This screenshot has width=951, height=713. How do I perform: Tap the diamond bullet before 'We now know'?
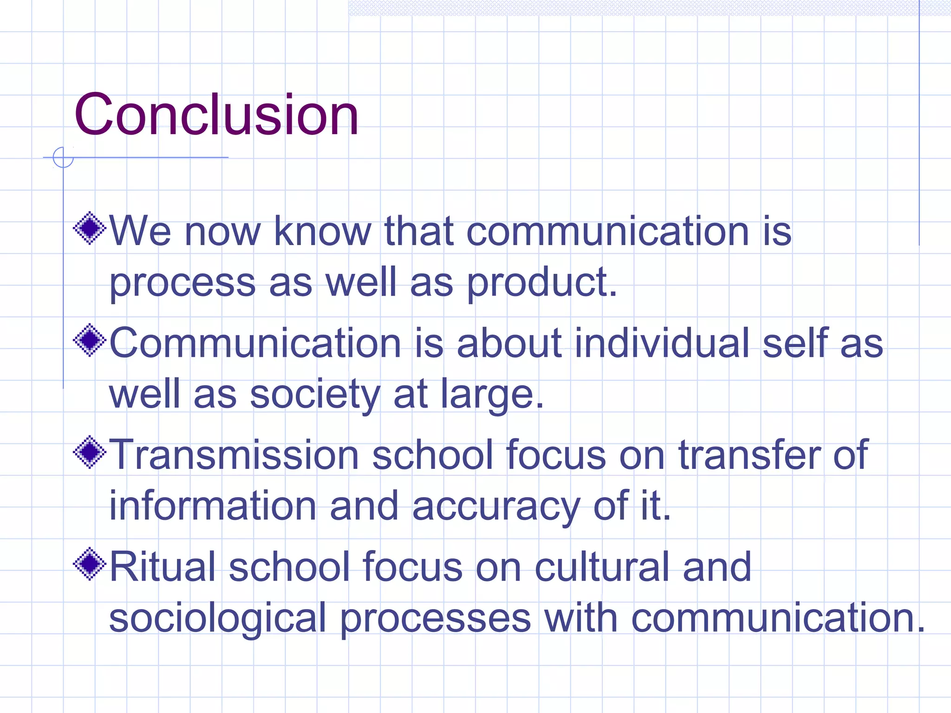(90, 228)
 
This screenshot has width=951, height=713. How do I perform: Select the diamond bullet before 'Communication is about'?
(90, 340)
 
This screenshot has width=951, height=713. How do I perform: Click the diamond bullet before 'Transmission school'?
(90, 452)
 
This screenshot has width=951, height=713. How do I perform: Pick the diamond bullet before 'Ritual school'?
(90, 564)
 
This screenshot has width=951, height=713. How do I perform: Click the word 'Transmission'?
(234, 455)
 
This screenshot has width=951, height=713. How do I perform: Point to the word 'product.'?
(542, 282)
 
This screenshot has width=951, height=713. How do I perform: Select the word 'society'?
(315, 395)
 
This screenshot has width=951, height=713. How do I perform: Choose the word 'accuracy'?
(496, 507)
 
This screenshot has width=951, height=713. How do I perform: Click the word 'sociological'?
(218, 618)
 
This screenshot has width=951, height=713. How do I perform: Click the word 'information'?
(213, 506)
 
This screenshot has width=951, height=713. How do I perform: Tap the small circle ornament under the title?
(63, 157)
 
